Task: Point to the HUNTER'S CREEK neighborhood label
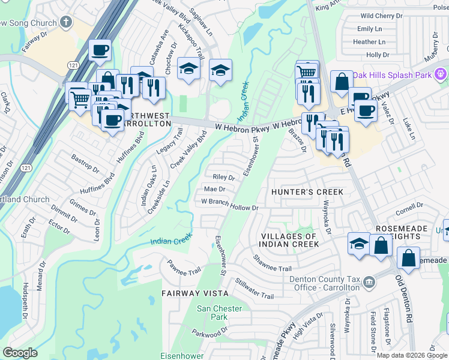tap(307, 192)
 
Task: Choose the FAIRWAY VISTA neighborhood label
tap(194, 293)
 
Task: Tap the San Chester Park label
tap(212, 313)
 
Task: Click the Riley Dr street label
tap(224, 177)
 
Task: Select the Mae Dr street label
tap(214, 189)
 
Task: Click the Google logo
tap(20, 353)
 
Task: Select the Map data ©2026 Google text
tap(412, 355)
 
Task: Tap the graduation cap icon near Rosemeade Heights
tap(358, 243)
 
